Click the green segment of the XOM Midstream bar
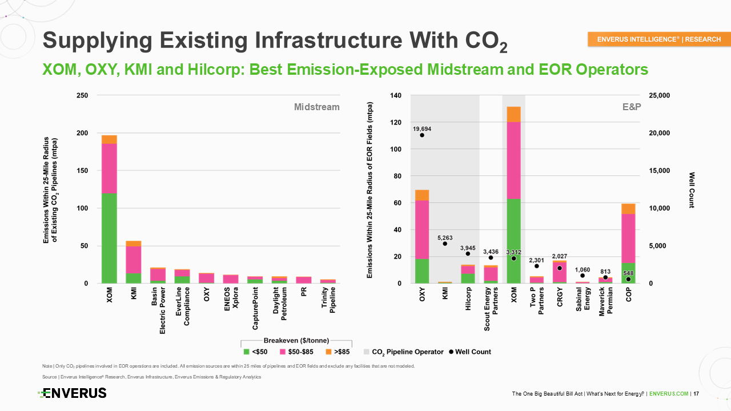(109, 239)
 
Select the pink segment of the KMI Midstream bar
(134, 260)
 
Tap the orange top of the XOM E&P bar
(513, 114)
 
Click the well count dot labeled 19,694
(422, 135)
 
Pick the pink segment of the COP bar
(628, 238)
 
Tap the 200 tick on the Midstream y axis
(84, 133)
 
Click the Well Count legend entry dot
(452, 352)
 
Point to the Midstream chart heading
(316, 107)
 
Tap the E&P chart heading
(632, 107)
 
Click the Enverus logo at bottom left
(73, 393)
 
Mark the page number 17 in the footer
(696, 394)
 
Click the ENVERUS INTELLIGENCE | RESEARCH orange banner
(658, 39)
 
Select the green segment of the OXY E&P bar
(422, 271)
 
